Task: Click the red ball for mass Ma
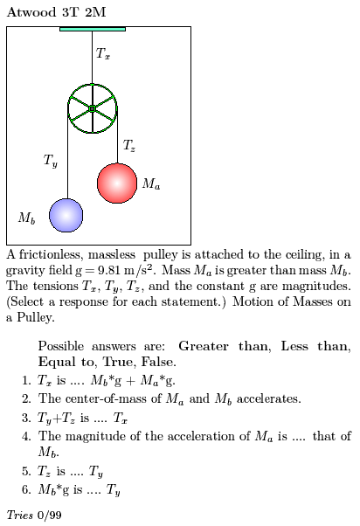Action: click(x=117, y=183)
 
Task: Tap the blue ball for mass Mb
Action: click(x=66, y=215)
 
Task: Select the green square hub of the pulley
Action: click(x=93, y=108)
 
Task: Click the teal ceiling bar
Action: click(x=93, y=29)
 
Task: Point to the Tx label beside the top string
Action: click(x=102, y=53)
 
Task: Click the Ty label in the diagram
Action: click(x=51, y=161)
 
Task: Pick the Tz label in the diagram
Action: click(x=129, y=145)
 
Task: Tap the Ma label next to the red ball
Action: click(x=151, y=183)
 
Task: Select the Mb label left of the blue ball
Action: click(x=26, y=218)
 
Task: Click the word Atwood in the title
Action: click(x=31, y=12)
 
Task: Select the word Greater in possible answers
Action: click(x=204, y=346)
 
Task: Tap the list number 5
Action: click(x=26, y=471)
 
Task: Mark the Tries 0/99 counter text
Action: click(x=34, y=515)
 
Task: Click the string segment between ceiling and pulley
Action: click(x=93, y=58)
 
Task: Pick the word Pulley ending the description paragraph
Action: click(x=36, y=317)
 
